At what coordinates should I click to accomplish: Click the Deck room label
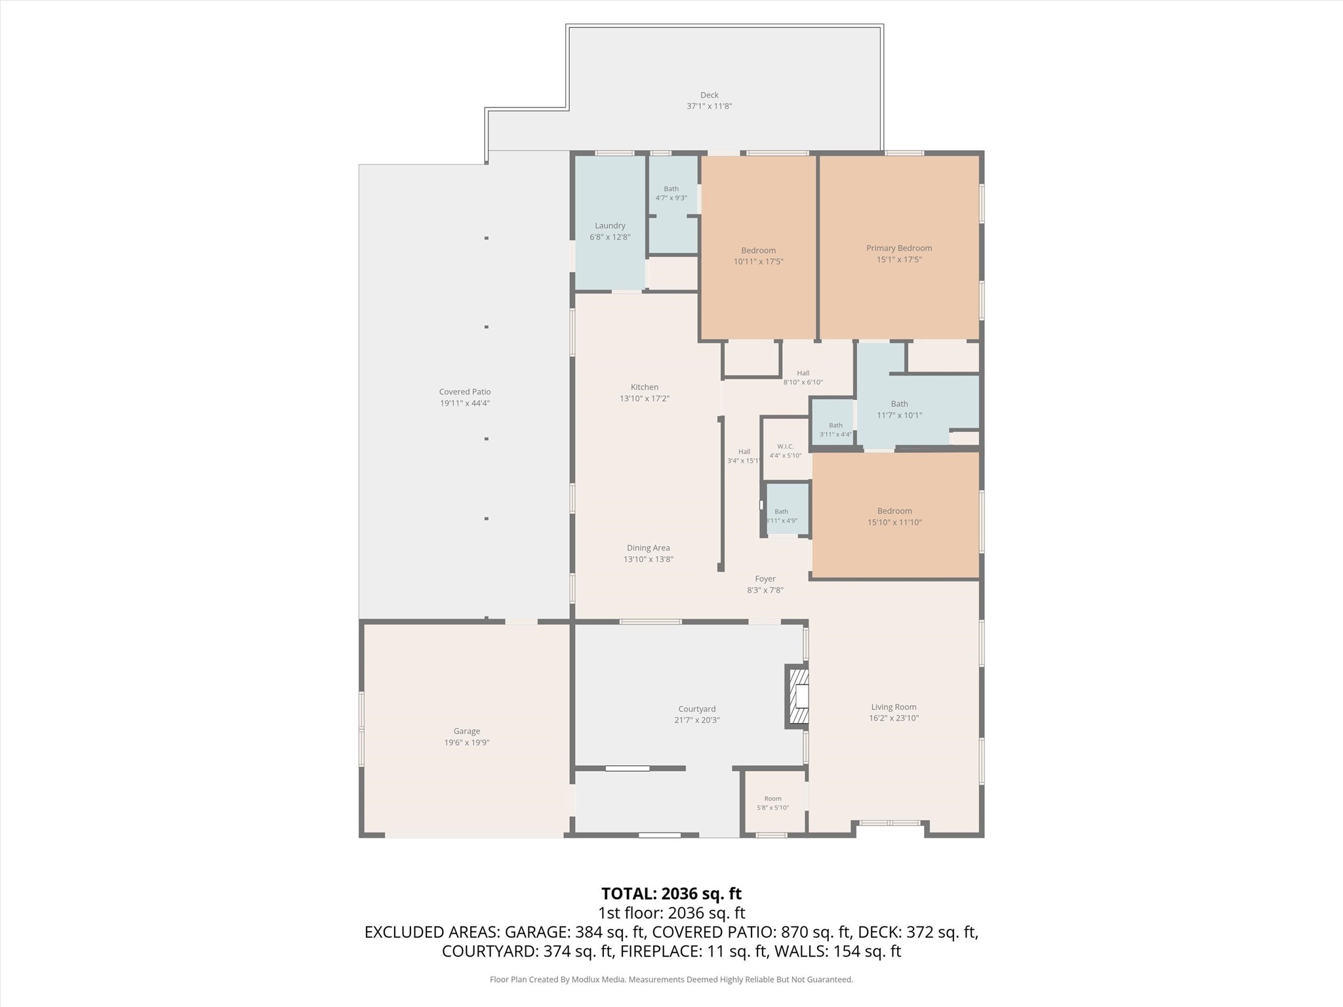pyautogui.click(x=709, y=95)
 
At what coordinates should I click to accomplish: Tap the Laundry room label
pyautogui.click(x=610, y=226)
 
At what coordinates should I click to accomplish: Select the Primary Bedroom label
pyautogui.click(x=899, y=248)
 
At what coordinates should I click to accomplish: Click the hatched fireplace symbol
pyautogui.click(x=797, y=696)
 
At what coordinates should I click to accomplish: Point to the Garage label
pyautogui.click(x=467, y=731)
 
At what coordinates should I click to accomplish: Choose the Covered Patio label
pyautogui.click(x=465, y=392)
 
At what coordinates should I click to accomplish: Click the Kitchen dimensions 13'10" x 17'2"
pyautogui.click(x=645, y=399)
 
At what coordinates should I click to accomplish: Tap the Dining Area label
pyautogui.click(x=649, y=548)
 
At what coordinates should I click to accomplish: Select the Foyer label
pyautogui.click(x=765, y=579)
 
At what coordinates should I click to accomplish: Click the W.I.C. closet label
pyautogui.click(x=786, y=446)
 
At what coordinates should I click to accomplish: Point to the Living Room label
pyautogui.click(x=894, y=707)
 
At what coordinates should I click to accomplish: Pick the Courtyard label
pyautogui.click(x=697, y=709)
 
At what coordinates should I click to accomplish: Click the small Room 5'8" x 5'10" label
pyautogui.click(x=773, y=803)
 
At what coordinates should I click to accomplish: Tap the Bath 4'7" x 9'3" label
pyautogui.click(x=671, y=193)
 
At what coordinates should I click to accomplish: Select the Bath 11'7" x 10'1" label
pyautogui.click(x=900, y=409)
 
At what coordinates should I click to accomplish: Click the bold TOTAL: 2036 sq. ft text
pyautogui.click(x=671, y=894)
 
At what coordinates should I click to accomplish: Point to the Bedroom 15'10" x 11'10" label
pyautogui.click(x=895, y=517)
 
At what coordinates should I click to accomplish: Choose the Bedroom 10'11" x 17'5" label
pyautogui.click(x=759, y=256)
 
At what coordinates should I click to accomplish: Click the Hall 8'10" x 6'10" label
pyautogui.click(x=803, y=378)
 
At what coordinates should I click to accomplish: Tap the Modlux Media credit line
pyautogui.click(x=671, y=979)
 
